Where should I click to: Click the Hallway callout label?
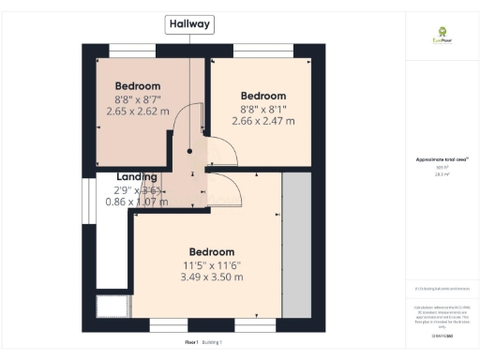pos(189,24)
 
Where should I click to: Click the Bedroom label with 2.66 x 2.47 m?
pos(262,97)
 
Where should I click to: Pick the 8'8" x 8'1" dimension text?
pos(262,109)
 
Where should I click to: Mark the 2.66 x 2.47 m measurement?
pos(262,121)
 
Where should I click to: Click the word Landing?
pos(136,176)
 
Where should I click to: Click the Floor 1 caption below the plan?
pos(191,342)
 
